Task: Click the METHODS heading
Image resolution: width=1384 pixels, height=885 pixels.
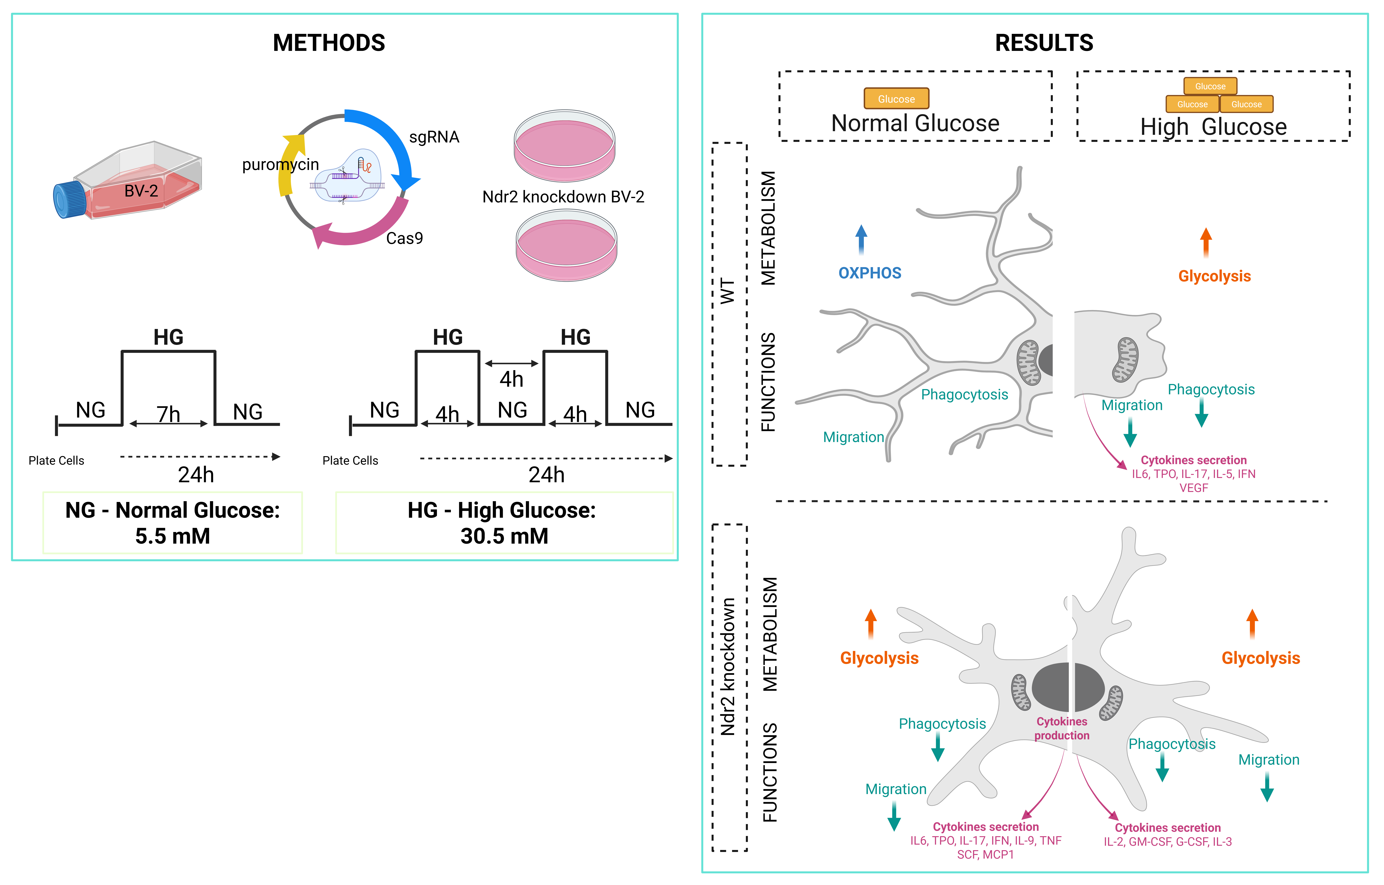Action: point(329,43)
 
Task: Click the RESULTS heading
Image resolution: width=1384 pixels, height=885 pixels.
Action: point(1044,43)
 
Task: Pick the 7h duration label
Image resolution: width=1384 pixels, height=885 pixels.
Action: point(168,414)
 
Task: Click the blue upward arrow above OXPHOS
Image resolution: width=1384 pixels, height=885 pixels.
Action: point(861,239)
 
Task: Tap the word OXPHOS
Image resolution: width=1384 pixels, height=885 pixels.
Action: point(870,273)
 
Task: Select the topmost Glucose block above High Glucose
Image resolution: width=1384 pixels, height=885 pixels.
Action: point(1210,86)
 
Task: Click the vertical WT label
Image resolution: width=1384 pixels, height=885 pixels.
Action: point(728,291)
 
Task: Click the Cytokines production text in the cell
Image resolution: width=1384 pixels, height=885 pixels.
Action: point(1062,728)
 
